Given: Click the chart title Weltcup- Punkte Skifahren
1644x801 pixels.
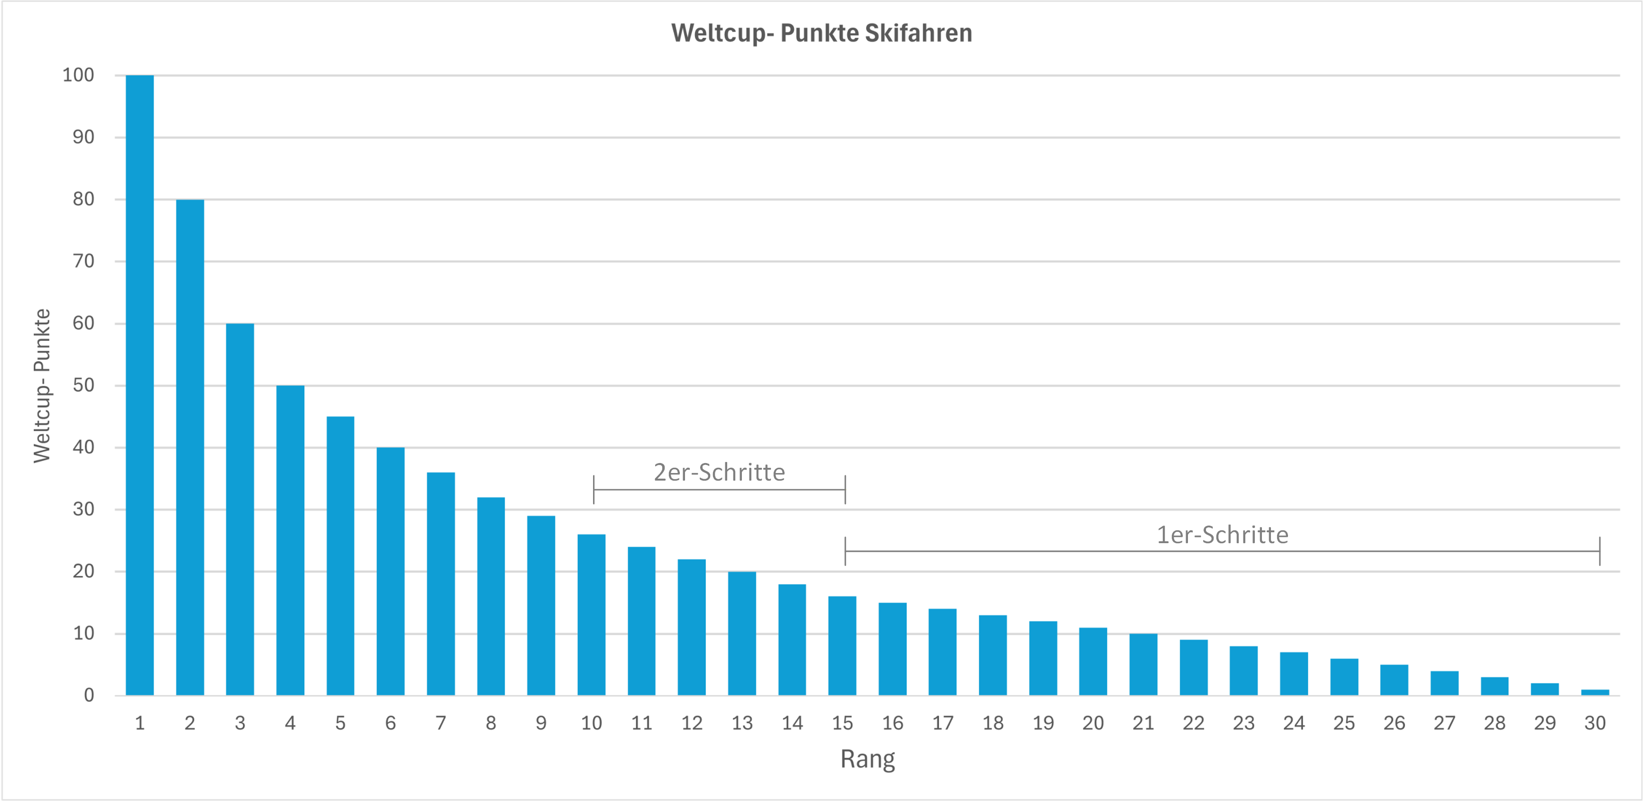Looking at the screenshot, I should [822, 33].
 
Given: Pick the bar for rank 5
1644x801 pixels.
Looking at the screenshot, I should [340, 555].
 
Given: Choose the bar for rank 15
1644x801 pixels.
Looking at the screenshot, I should [842, 646].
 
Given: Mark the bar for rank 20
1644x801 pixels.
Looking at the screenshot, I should [1093, 661].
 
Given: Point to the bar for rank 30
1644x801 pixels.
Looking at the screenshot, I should [1595, 692].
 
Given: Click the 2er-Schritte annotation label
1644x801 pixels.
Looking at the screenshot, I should [719, 472].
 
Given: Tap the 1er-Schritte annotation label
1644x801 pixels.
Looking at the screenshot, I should [1222, 535].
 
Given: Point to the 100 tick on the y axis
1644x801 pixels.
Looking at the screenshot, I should [79, 75].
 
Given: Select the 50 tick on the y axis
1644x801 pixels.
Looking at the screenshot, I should [83, 385].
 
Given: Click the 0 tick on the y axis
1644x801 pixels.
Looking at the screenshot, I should [89, 695].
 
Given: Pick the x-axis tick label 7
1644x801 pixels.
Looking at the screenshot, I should [440, 723].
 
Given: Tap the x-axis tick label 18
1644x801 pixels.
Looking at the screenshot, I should [993, 723].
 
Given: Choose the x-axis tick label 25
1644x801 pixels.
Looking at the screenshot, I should [1344, 723].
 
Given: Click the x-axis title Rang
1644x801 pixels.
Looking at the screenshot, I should [868, 759].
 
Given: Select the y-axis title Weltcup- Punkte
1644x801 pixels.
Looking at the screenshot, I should [42, 385].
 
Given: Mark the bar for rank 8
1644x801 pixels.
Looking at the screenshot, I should [491, 596].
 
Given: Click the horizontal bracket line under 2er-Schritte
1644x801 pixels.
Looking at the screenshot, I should [719, 490].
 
